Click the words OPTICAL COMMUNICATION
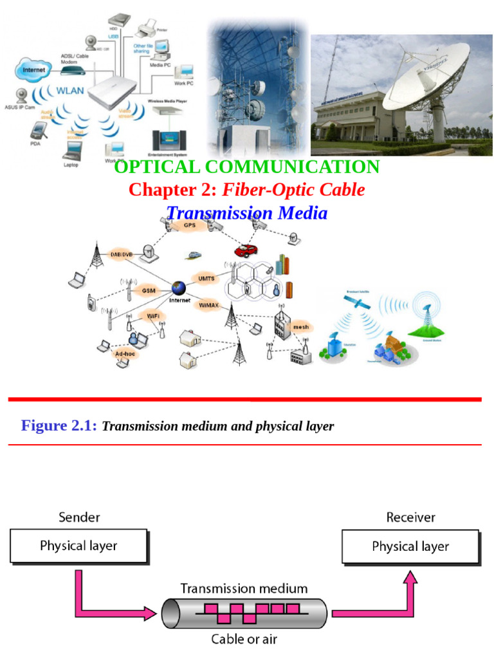point(247,167)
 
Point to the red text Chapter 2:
point(173,190)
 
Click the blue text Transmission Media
point(247,213)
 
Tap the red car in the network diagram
point(242,250)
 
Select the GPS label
point(189,226)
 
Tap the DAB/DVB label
point(120,254)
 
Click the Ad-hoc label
point(124,354)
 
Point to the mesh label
point(301,328)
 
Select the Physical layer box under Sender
point(78,546)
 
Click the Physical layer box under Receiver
point(410,547)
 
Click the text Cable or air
point(244,640)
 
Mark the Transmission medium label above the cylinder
point(244,588)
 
